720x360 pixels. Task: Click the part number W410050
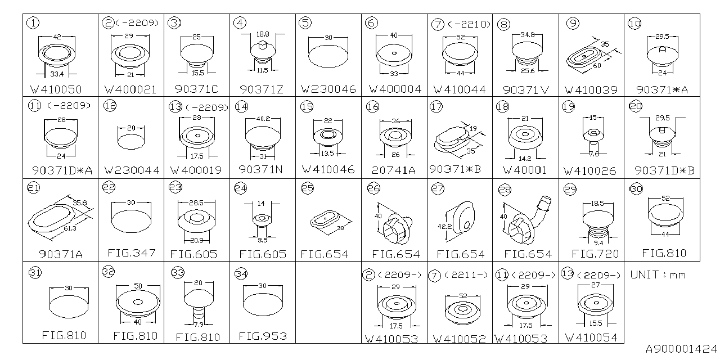coord(56,89)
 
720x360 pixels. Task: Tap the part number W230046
coord(328,89)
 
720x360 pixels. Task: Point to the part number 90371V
coord(525,89)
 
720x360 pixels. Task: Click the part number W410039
coord(591,90)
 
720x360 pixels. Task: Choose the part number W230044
coord(132,170)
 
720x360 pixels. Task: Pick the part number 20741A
coord(393,170)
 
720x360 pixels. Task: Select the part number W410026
coord(589,171)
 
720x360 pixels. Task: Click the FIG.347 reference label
coord(132,253)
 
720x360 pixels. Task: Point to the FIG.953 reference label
coord(263,336)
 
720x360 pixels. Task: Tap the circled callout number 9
coord(573,24)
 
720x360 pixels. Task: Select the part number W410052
coord(459,339)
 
